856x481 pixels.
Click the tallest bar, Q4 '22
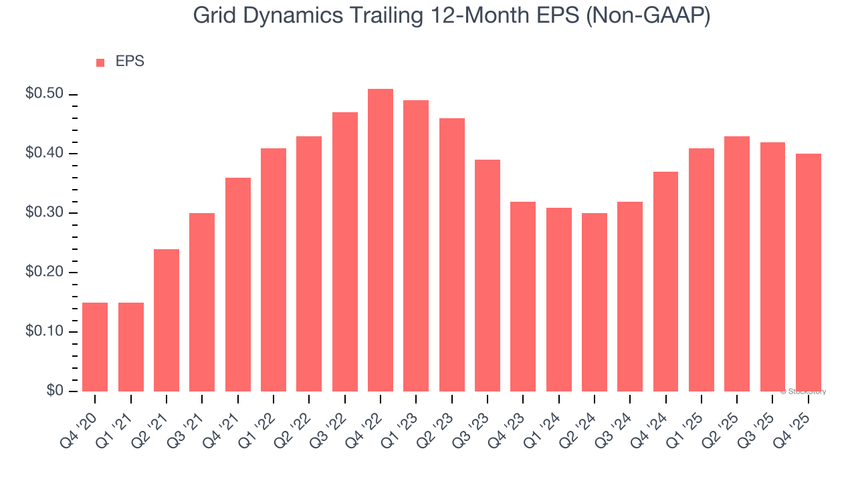coord(381,240)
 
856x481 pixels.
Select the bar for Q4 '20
coord(95,347)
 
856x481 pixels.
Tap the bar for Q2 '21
coord(167,320)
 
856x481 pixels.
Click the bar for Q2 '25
coord(737,264)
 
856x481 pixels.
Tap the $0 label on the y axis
coord(55,391)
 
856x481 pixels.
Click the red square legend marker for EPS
coord(100,62)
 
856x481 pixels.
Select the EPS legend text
coord(130,61)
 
